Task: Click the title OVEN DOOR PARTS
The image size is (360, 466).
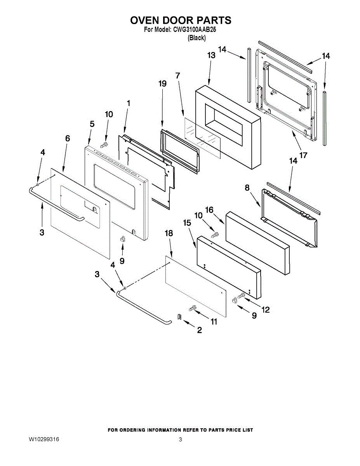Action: point(180,20)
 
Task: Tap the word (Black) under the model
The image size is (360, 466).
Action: point(197,38)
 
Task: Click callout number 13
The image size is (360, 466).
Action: point(211,56)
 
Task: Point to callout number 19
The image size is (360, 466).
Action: point(162,83)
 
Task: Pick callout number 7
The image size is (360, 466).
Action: point(178,75)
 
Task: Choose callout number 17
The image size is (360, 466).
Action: point(303,155)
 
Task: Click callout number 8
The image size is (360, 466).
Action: point(247,188)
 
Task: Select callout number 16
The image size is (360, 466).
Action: point(209,210)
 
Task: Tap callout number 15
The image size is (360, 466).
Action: point(187,223)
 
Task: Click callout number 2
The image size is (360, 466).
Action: point(199,330)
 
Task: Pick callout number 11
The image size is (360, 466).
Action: point(213,322)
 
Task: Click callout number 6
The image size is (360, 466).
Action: point(68,138)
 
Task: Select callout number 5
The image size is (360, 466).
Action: point(92,124)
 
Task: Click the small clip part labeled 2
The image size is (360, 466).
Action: point(179,317)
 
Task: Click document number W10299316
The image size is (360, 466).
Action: point(44,440)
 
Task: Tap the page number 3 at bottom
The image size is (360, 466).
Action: point(180,440)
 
